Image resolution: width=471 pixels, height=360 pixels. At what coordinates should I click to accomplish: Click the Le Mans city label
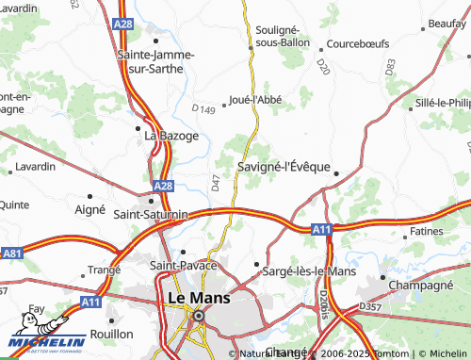(x=198, y=298)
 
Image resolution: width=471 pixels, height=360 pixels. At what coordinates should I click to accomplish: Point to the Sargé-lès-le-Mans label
(x=310, y=271)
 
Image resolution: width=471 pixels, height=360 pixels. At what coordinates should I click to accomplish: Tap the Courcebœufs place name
(x=359, y=43)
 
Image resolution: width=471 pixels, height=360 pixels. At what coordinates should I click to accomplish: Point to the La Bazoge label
(x=171, y=136)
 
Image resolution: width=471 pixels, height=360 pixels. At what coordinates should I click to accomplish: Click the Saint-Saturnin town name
(x=150, y=214)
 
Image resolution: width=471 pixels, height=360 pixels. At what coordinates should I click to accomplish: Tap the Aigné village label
(x=89, y=209)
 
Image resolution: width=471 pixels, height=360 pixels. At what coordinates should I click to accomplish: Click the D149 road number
(x=203, y=110)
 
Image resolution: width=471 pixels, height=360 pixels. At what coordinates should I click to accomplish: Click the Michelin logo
(x=43, y=345)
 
